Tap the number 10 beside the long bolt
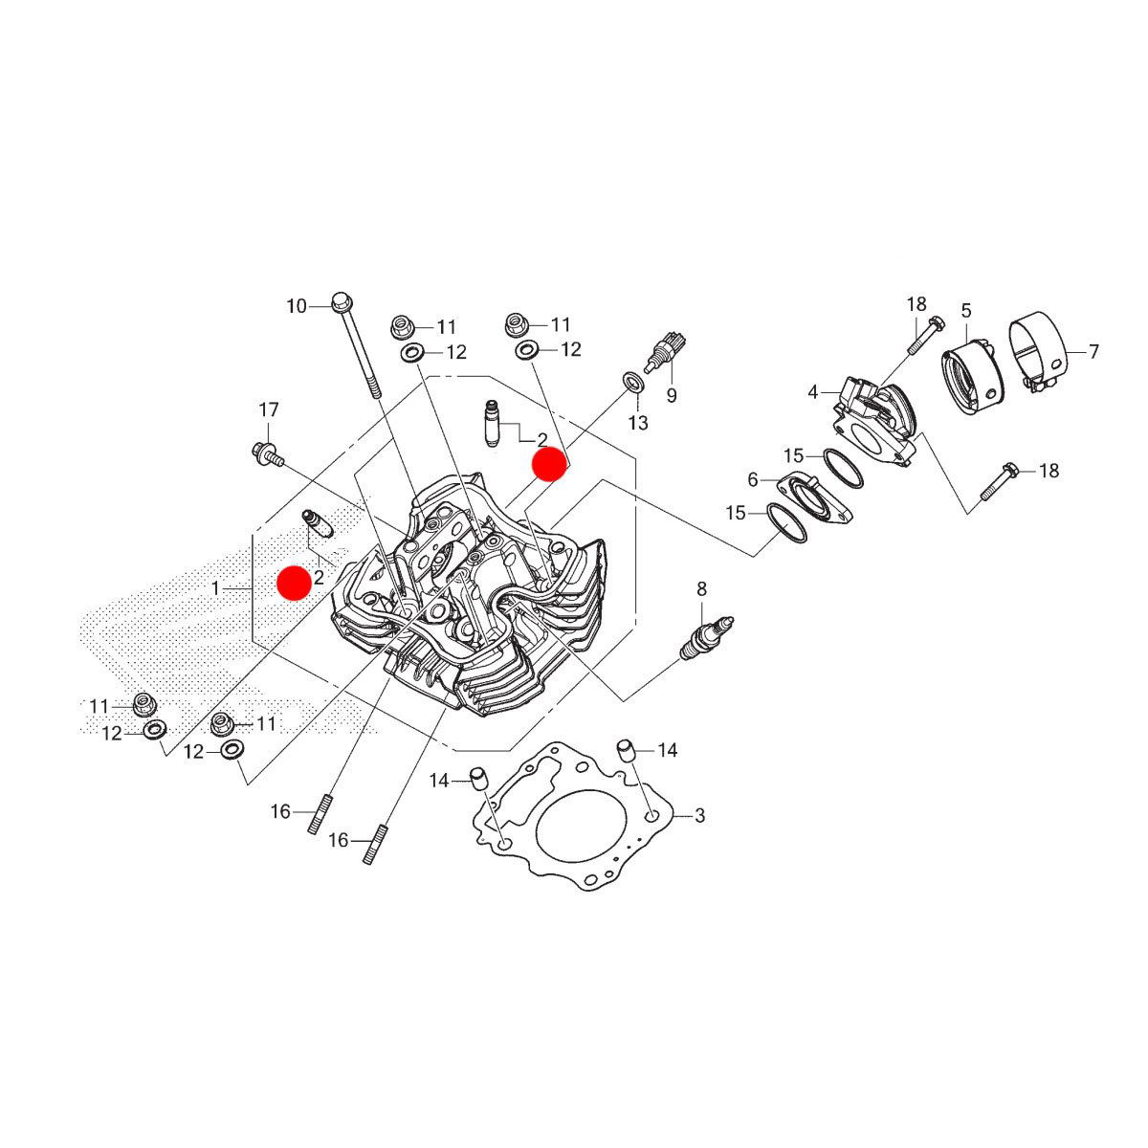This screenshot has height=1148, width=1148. click(297, 306)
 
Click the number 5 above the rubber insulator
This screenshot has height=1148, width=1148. click(966, 310)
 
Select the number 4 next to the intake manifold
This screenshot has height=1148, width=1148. click(813, 392)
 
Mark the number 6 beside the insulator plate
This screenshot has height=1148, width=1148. click(753, 478)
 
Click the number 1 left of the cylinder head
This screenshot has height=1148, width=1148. click(215, 587)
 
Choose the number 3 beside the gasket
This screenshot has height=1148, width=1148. click(699, 815)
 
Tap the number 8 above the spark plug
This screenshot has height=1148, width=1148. click(701, 587)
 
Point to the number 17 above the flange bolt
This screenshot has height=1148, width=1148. click(269, 410)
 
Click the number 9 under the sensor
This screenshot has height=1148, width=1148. click(672, 394)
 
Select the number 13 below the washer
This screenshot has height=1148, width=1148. click(638, 422)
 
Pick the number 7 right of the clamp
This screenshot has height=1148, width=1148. click(1093, 352)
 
